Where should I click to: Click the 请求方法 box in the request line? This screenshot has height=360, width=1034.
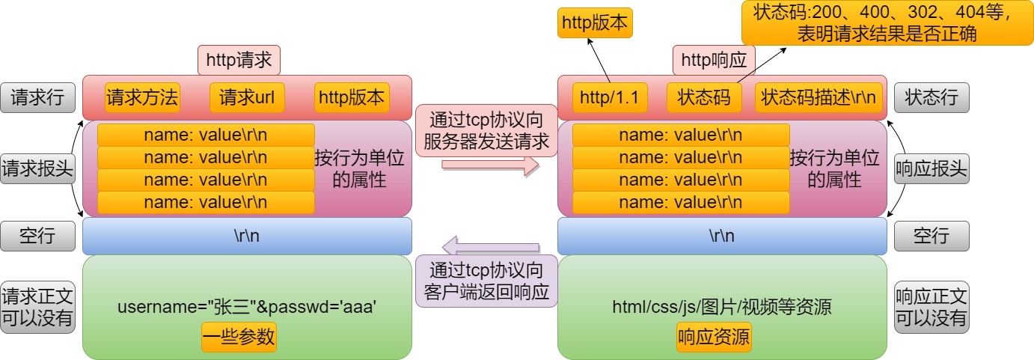[x=142, y=97]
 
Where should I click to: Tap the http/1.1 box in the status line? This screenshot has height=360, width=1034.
[x=609, y=97]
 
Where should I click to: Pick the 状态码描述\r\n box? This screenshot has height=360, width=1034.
[x=819, y=97]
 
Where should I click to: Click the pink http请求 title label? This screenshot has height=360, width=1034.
[x=239, y=60]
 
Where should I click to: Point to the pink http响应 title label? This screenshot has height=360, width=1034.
[x=715, y=60]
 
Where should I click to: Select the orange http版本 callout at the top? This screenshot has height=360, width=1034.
[x=596, y=23]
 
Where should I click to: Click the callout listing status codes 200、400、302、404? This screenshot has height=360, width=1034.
[x=887, y=23]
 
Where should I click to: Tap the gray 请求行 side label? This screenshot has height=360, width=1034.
[x=38, y=97]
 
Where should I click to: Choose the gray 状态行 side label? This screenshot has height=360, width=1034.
[x=931, y=97]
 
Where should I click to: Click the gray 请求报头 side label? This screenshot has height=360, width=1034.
[x=38, y=169]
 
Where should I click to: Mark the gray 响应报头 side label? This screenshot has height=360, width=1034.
[x=931, y=169]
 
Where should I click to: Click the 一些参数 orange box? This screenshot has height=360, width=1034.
[x=239, y=337]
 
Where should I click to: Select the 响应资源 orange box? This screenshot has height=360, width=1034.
[x=714, y=337]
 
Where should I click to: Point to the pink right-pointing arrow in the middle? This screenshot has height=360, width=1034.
[x=490, y=166]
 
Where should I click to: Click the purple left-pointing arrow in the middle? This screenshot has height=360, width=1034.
[x=490, y=244]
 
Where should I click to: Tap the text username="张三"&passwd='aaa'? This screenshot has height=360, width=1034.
[x=246, y=307]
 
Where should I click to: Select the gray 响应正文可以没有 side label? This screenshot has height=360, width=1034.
[x=931, y=307]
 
